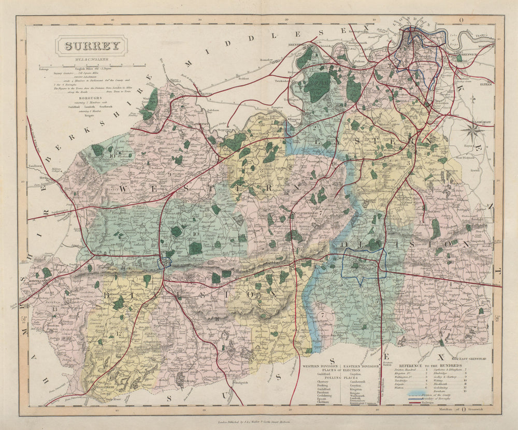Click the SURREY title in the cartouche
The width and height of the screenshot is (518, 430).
91,46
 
